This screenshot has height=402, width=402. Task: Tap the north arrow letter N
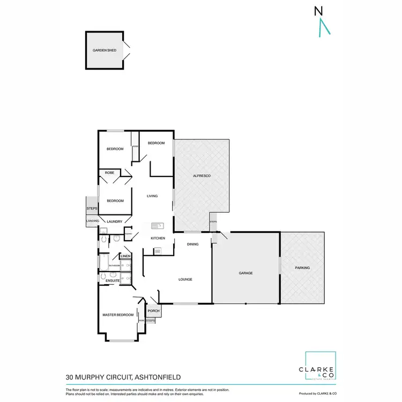[318, 10]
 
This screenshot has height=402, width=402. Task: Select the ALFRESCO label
[201, 176]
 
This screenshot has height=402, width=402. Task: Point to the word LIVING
[152, 196]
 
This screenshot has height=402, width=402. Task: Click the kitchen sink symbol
[157, 226]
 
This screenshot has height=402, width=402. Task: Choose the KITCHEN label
[158, 238]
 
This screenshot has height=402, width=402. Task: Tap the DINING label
[193, 244]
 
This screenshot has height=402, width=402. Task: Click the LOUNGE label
[185, 279]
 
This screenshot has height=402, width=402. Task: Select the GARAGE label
[245, 273]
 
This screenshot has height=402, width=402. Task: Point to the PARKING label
[302, 267]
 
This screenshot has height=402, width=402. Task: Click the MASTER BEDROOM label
[118, 315]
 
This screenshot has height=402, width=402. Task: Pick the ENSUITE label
[112, 280]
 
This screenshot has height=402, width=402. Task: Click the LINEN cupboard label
[125, 256]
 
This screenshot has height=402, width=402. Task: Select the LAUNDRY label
[115, 221]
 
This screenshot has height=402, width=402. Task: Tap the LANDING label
[92, 221]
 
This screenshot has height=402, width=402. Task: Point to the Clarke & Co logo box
[321, 367]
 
